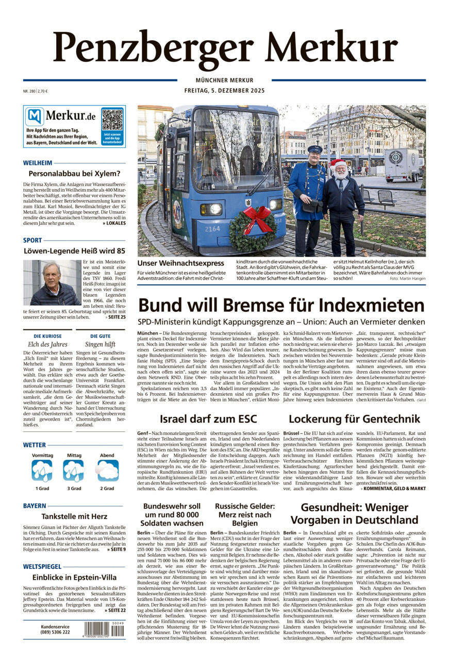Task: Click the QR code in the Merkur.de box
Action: pos(112,120)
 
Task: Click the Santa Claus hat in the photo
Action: pos(338,164)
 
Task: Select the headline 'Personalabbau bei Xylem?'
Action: pos(74,174)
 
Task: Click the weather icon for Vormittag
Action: pos(42,471)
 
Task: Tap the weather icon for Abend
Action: pos(108,471)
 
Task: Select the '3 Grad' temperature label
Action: pos(75,488)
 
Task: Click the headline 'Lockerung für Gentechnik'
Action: pos(354,418)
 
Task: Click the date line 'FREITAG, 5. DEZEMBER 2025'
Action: pos(224,91)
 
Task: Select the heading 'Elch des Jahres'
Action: pos(47,344)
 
